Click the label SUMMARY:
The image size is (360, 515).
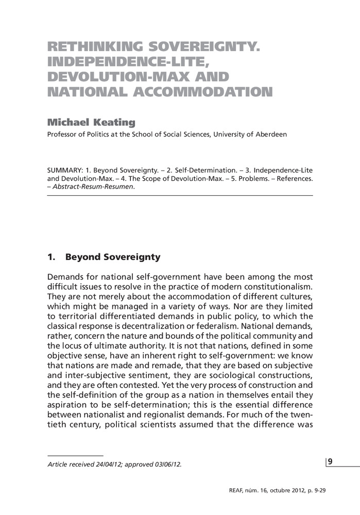point(63,170)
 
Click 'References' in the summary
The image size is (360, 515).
point(293,179)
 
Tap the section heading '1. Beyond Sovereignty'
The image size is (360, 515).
point(104,256)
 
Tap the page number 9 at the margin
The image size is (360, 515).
point(330,461)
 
